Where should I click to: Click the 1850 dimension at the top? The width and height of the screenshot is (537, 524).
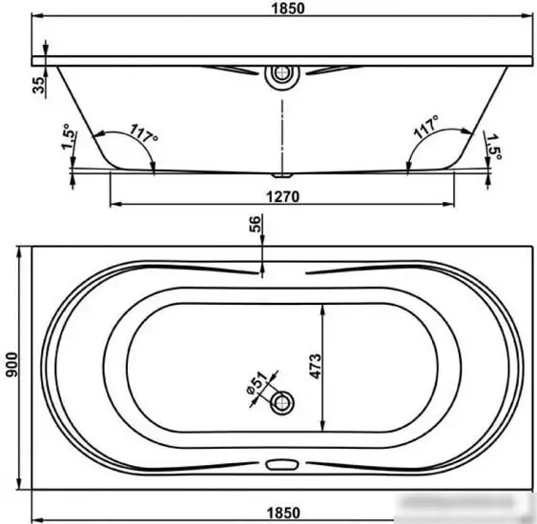288,9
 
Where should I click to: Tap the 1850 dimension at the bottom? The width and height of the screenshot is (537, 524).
283,513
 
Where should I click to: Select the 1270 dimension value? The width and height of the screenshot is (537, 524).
283,196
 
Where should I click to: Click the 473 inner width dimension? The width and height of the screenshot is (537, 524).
316,366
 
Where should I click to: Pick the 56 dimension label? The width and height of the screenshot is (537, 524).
255,225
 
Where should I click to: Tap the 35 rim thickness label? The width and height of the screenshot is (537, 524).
39,85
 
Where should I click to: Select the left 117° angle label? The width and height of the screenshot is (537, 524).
144,133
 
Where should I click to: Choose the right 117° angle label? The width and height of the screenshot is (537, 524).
426,126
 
